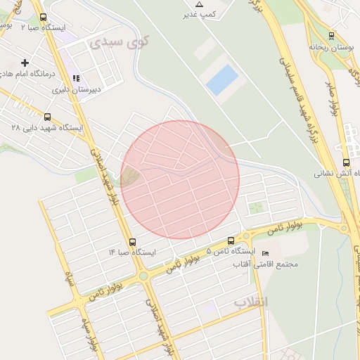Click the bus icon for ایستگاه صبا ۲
[x=44, y=18]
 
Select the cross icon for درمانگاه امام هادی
[x=26, y=63]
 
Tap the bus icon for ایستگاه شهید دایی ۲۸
[x=47, y=117]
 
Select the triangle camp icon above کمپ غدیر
[x=199, y=4]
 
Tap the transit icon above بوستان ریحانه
[x=331, y=35]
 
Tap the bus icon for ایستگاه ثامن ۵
[x=231, y=240]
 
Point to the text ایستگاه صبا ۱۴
[x=132, y=252]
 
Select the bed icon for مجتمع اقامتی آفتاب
[x=265, y=253]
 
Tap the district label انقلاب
[x=251, y=302]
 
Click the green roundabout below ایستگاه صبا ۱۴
[x=143, y=276]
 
